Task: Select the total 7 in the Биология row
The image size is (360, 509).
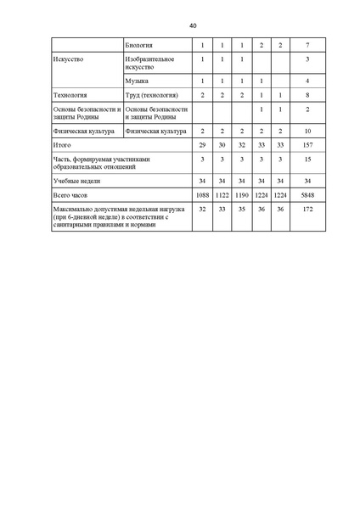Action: coord(307,44)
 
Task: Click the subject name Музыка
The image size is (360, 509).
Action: coord(136,81)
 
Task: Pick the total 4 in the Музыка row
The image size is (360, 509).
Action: coord(307,81)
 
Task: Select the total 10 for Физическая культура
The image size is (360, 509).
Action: coord(307,131)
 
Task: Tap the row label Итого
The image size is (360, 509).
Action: coord(62,146)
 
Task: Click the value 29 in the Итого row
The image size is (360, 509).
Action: coord(202,146)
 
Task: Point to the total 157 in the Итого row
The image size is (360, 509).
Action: coord(307,146)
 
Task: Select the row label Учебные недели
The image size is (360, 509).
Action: coord(75,182)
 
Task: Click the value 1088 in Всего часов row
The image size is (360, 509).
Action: coord(202,195)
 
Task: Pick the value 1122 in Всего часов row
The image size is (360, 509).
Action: coord(222,195)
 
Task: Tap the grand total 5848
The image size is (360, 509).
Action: coord(307,195)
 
